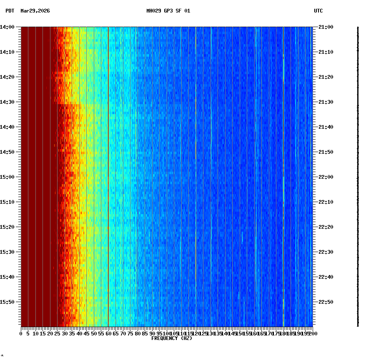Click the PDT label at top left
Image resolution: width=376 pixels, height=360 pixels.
[x=10, y=11]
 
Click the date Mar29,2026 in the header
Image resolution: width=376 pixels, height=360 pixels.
[x=35, y=11]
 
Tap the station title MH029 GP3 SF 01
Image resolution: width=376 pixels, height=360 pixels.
[x=168, y=11]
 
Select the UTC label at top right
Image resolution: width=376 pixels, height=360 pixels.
[x=318, y=11]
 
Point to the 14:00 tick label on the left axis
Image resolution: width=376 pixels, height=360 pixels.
[x=8, y=27]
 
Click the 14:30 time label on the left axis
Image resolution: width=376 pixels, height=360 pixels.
[x=8, y=102]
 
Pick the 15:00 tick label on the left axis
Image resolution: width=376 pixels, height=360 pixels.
[x=8, y=177]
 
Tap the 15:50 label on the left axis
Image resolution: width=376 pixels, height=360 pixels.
[x=8, y=302]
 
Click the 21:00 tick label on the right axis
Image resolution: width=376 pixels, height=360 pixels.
[x=326, y=27]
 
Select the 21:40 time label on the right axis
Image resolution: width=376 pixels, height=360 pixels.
[x=326, y=127]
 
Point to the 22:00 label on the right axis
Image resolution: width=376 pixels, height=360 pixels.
[x=326, y=177]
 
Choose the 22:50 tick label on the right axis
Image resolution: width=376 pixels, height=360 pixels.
[x=326, y=302]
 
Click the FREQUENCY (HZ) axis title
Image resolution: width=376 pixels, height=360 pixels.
[x=171, y=338]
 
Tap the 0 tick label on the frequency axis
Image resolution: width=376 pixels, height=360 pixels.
[x=21, y=334]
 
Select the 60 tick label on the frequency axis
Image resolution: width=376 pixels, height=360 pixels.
[x=108, y=334]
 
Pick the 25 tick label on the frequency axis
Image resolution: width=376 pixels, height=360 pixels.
[x=58, y=334]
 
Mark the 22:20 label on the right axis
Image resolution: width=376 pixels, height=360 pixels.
[x=326, y=227]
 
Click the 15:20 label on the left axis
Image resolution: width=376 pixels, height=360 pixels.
[x=8, y=227]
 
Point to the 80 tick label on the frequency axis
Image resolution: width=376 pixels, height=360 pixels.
[x=138, y=334]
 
